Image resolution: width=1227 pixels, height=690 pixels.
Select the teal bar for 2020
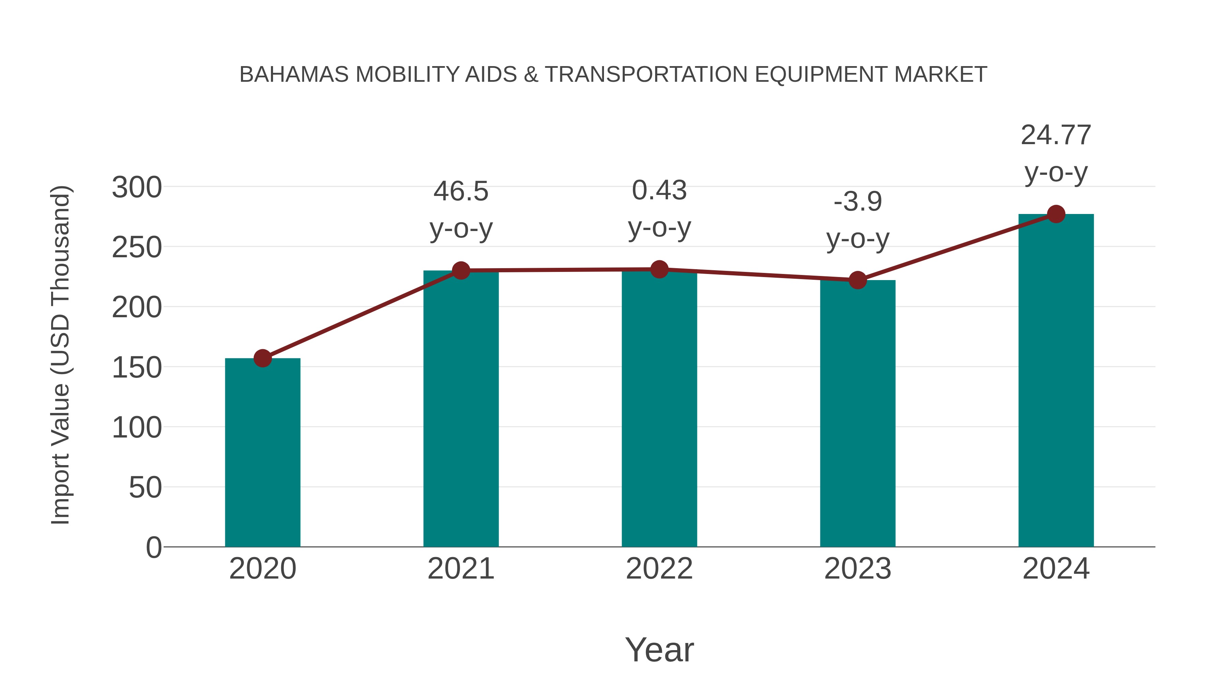[x=262, y=453]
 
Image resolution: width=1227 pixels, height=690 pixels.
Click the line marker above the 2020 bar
[x=262, y=358]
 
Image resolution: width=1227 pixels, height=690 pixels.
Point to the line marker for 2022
[x=659, y=270]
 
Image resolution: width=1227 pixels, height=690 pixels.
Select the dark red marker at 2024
[x=1056, y=214]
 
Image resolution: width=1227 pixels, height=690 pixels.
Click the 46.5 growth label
[x=460, y=191]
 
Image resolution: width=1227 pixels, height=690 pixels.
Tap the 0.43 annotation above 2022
[x=659, y=190]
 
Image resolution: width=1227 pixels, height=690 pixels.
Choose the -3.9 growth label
[x=858, y=202]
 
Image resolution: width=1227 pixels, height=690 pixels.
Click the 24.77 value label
[x=1056, y=135]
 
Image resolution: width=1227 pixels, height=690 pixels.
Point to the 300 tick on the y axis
[x=137, y=188]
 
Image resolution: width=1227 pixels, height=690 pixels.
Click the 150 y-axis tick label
[x=137, y=368]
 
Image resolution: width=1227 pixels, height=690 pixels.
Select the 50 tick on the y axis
[x=145, y=488]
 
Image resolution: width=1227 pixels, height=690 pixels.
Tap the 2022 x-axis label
[x=659, y=569]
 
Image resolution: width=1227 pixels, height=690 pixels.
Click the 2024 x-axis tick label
[x=1056, y=569]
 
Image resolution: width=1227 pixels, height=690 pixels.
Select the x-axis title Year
[x=659, y=649]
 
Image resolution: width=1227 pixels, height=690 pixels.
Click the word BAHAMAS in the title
[x=293, y=75]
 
